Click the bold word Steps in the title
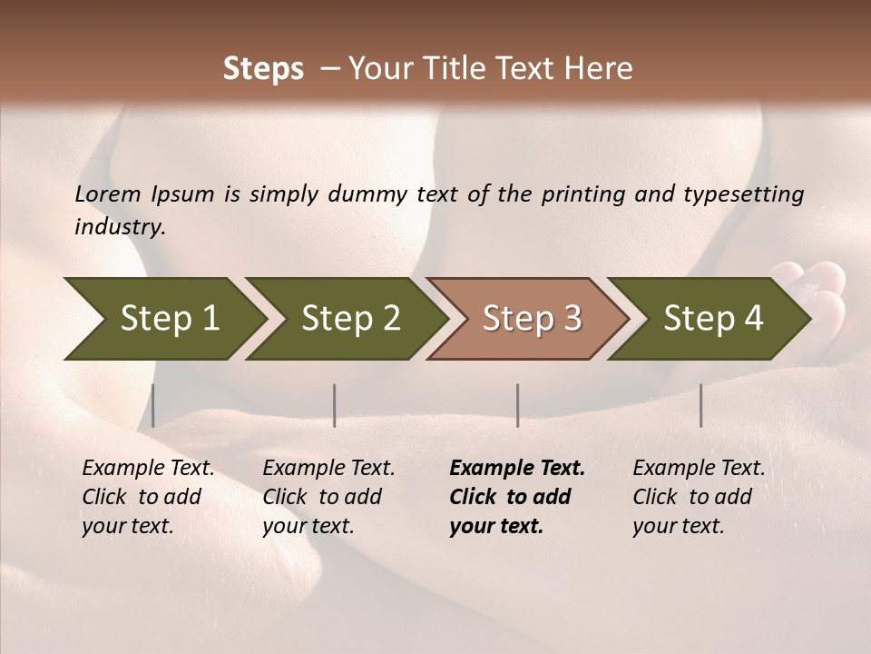(263, 69)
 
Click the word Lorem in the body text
(107, 194)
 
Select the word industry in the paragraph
(120, 227)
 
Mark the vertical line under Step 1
(153, 405)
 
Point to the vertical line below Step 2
(335, 405)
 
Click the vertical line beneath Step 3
(517, 405)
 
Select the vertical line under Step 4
(700, 405)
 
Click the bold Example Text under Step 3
(517, 469)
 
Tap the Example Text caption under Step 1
(148, 469)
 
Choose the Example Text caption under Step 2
(328, 469)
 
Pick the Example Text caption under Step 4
(699, 469)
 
